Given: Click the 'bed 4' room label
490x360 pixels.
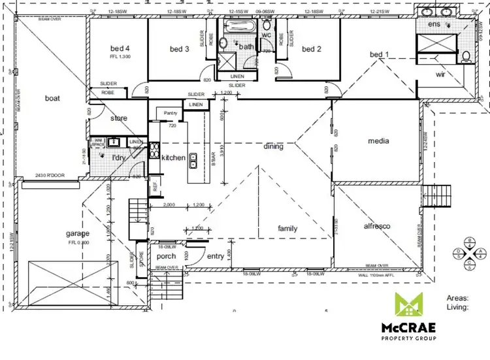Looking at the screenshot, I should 119,48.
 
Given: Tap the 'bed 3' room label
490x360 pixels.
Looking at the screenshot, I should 179,49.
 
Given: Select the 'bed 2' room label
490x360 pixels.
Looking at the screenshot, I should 312,49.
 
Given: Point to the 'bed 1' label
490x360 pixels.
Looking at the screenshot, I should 379,54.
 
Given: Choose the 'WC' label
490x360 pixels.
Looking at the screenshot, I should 267,35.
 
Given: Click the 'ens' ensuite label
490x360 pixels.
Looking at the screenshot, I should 434,24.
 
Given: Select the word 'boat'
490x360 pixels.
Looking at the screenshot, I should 52,99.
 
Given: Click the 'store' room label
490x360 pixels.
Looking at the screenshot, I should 119,118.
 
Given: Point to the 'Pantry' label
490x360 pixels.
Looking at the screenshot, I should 171,114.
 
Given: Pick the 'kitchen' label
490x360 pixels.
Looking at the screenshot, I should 174,157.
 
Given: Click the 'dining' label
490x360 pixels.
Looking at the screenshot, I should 273,146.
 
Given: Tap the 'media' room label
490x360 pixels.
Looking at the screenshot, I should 379,140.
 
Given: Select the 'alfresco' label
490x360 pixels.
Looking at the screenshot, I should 376,226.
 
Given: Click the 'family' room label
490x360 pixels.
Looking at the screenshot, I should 287,229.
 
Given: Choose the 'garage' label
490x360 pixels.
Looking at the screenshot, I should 77,233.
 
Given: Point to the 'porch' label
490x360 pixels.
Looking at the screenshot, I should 167,256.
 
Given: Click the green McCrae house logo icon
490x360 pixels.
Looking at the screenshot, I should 408,304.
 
